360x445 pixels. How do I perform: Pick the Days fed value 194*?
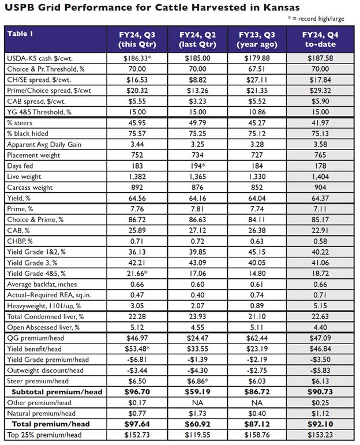coord(198,166)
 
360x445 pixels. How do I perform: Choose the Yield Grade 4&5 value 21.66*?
coord(137,273)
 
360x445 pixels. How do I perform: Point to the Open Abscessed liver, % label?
coord(43,327)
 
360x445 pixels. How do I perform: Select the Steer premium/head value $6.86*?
coord(198,382)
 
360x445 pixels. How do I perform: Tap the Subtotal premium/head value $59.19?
coord(197,392)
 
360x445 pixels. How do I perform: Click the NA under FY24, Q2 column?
coord(197,403)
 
